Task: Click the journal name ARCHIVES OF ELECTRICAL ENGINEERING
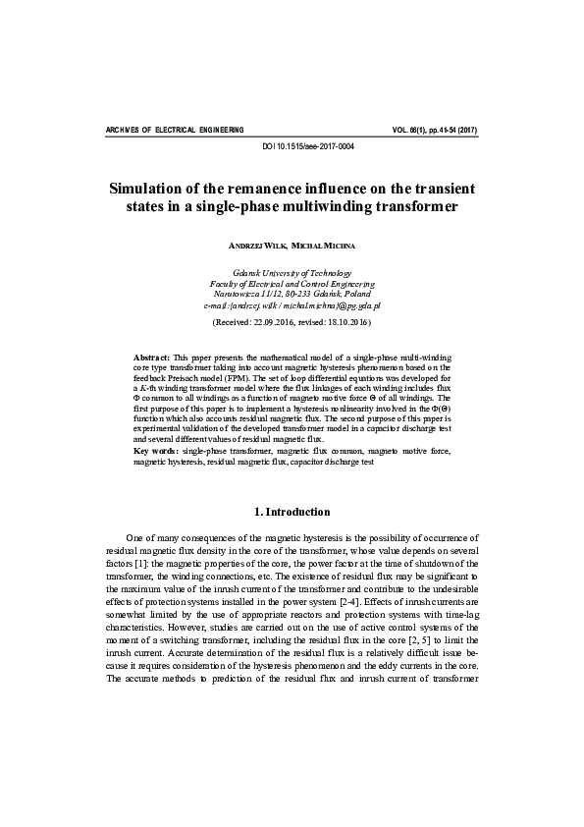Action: [x=174, y=129]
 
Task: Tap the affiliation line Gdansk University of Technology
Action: [x=292, y=272]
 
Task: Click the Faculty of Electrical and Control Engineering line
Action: [x=292, y=283]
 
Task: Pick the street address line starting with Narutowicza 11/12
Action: [x=292, y=294]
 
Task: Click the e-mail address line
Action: [x=292, y=305]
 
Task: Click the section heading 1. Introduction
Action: [x=292, y=512]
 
